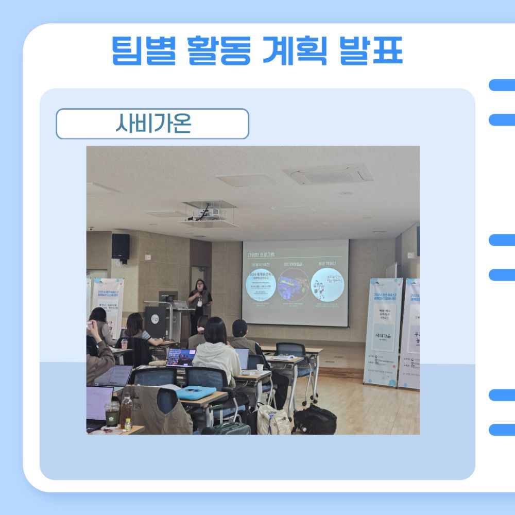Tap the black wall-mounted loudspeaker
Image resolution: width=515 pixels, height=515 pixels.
tap(121, 246)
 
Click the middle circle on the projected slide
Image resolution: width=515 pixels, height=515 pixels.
tap(293, 284)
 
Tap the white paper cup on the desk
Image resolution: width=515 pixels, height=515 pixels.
tap(260, 368)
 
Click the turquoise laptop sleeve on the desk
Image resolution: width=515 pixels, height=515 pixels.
tap(196, 392)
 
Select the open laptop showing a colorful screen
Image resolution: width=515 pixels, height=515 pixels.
tap(180, 357)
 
